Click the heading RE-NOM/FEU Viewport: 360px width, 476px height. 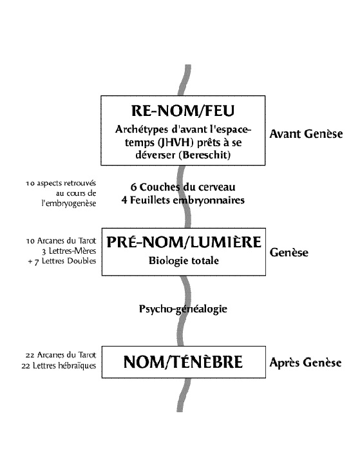[x=183, y=111]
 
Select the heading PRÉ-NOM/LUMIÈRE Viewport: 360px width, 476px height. [x=184, y=242]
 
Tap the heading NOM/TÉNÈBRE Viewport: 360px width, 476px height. [x=183, y=362]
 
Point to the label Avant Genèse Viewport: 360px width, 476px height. [x=306, y=134]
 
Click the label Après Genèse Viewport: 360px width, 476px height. [x=305, y=363]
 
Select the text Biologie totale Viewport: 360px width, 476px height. [x=184, y=261]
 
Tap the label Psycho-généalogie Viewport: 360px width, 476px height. [x=183, y=309]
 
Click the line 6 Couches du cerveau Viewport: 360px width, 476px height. [x=183, y=187]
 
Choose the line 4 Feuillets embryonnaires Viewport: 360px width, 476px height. [x=183, y=200]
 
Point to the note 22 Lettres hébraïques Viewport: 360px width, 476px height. [x=59, y=365]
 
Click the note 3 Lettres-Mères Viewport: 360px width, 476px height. [x=69, y=251]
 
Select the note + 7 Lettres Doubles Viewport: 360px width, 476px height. [x=62, y=261]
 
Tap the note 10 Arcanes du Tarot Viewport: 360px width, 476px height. [x=61, y=241]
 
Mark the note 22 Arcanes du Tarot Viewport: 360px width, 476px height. [x=61, y=355]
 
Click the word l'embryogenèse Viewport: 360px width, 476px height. [x=69, y=204]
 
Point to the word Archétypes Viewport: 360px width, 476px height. [x=142, y=129]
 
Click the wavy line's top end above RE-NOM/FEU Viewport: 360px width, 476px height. [x=188, y=65]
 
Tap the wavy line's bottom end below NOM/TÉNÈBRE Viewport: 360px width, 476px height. [x=180, y=411]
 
